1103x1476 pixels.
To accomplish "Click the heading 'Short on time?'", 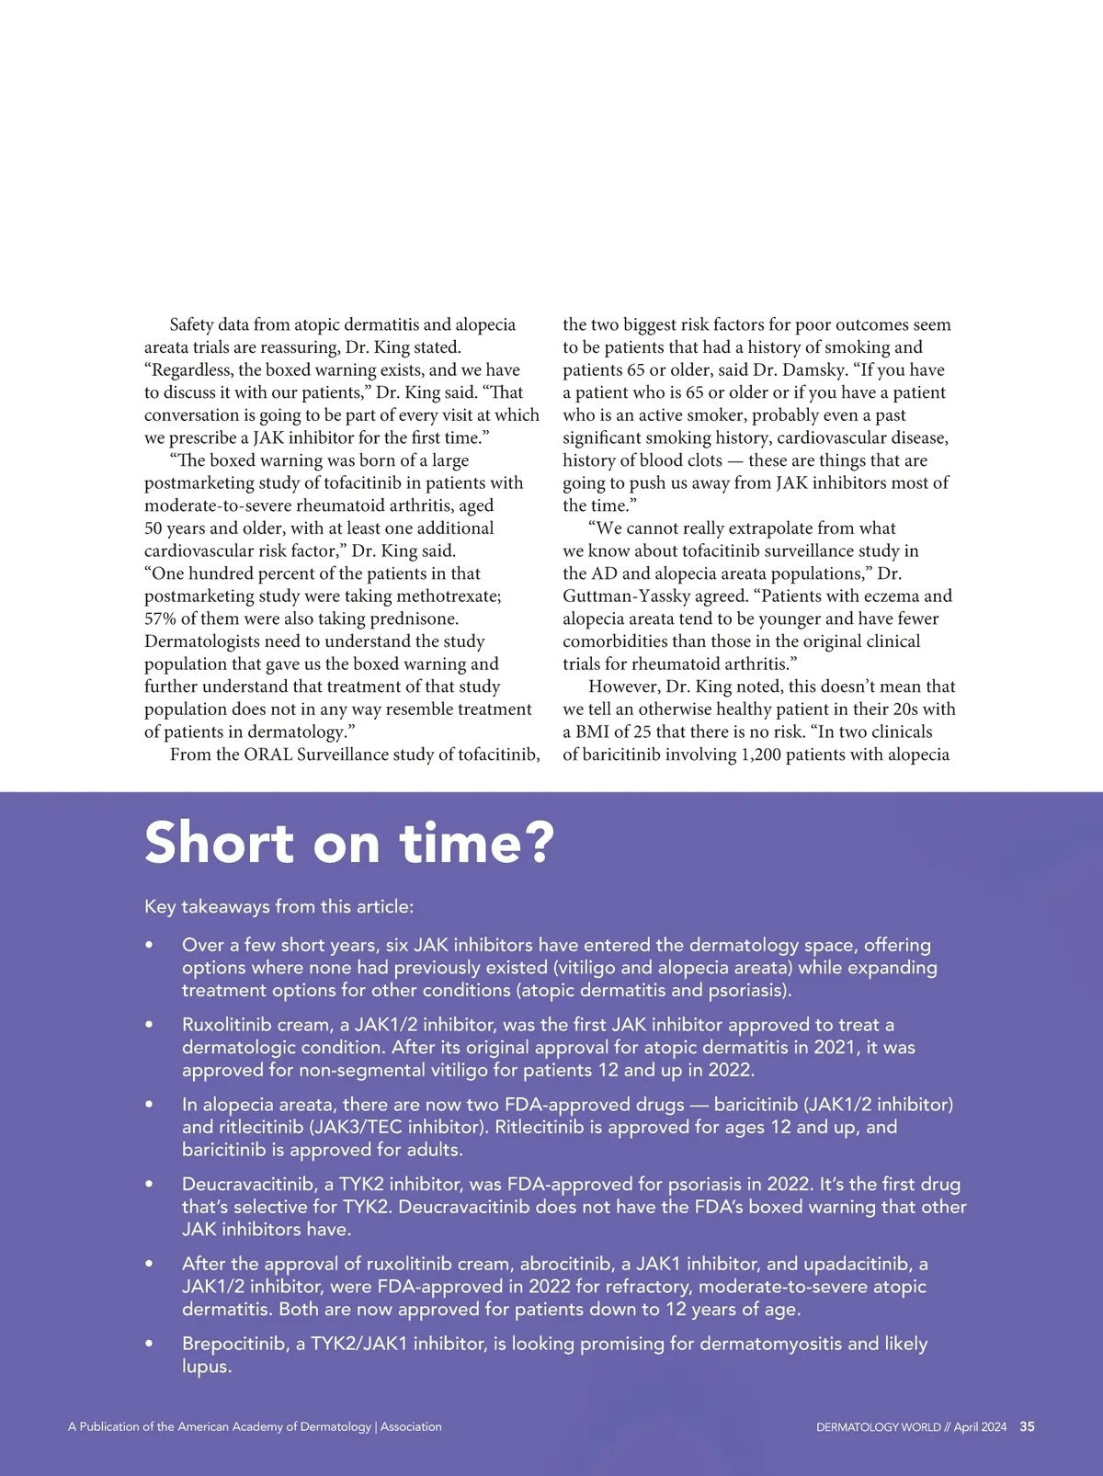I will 349,843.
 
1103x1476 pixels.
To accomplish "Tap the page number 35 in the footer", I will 1027,1426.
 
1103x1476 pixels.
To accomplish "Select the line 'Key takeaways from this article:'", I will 279,907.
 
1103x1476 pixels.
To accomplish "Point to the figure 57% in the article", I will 160,619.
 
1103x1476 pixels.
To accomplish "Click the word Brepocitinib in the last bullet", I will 234,1344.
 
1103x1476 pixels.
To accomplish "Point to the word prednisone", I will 417,619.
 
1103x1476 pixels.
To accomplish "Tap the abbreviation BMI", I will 592,732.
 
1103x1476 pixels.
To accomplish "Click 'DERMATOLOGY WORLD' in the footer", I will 878,1427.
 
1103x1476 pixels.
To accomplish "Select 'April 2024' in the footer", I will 980,1427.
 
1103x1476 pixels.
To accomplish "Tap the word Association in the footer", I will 411,1427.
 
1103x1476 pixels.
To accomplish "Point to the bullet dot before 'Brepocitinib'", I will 149,1344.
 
